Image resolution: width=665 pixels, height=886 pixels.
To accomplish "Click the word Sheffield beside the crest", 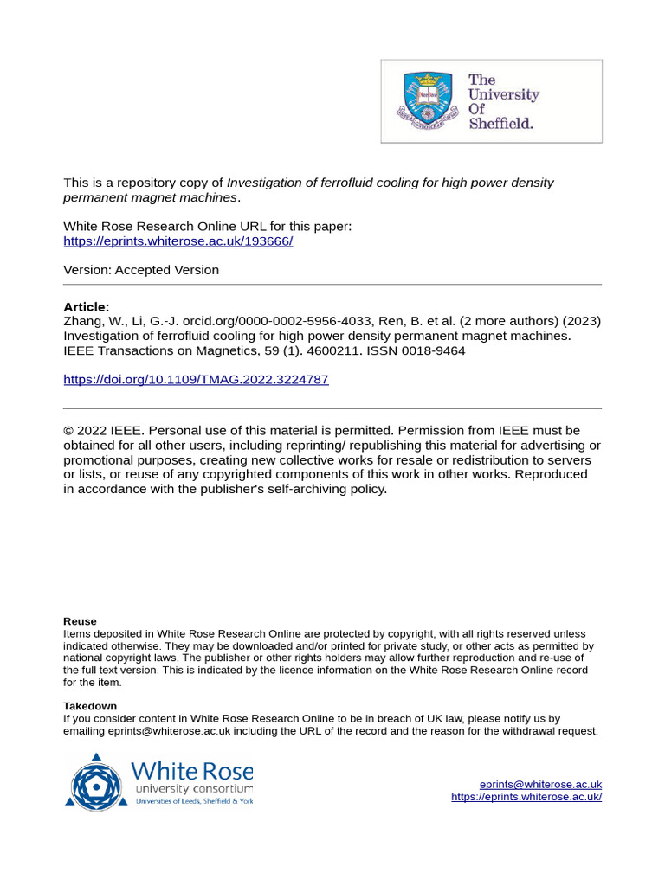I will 500,124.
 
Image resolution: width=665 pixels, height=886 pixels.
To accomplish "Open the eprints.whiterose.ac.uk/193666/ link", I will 178,241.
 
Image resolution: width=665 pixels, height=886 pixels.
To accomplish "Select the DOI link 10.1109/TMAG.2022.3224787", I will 196,380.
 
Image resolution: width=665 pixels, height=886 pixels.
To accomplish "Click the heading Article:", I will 87,307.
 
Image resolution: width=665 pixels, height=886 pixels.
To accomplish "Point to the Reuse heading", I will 80,621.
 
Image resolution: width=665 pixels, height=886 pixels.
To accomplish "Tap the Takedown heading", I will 89,706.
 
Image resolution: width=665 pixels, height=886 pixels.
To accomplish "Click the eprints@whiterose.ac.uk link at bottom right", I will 540,784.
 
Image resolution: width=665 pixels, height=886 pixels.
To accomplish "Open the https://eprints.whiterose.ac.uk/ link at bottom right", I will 526,797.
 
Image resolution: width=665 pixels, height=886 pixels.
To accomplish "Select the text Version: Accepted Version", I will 141,270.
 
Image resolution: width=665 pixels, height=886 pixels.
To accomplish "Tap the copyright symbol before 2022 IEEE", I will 68,431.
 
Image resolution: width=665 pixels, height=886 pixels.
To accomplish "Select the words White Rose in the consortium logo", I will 191,770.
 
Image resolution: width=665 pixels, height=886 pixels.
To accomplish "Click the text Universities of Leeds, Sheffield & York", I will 194,801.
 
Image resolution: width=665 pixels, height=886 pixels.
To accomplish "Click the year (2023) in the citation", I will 581,321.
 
